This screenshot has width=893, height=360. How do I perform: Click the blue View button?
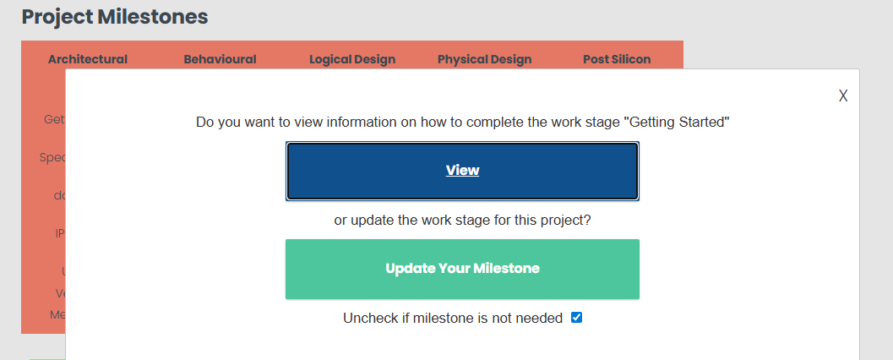pyautogui.click(x=462, y=171)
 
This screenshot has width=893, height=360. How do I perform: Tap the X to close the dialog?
pyautogui.click(x=843, y=95)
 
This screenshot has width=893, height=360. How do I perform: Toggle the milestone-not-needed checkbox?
pyautogui.click(x=577, y=318)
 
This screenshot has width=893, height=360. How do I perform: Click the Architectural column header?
pyautogui.click(x=88, y=59)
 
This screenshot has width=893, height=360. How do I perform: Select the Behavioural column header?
pyautogui.click(x=220, y=59)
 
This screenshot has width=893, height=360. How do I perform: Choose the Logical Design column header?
pyautogui.click(x=352, y=59)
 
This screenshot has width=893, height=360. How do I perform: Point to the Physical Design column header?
pyautogui.click(x=484, y=59)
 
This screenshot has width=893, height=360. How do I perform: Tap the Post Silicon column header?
pyautogui.click(x=617, y=59)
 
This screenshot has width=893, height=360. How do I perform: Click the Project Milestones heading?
pyautogui.click(x=115, y=16)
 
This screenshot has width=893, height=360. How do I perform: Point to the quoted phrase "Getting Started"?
pyautogui.click(x=677, y=122)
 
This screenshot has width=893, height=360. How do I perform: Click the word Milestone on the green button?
pyautogui.click(x=506, y=269)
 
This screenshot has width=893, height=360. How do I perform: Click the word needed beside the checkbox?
pyautogui.click(x=541, y=319)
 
